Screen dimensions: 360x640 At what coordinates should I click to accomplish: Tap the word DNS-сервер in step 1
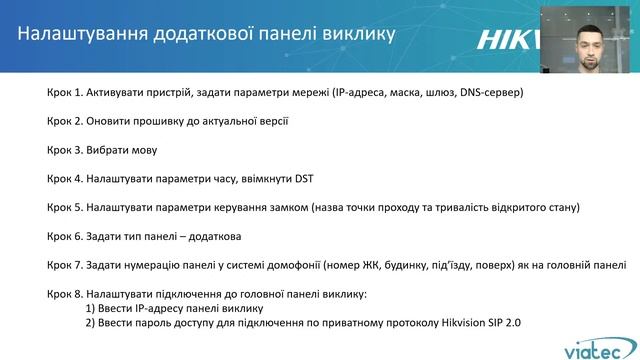489,92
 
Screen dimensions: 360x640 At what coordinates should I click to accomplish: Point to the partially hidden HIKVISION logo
511,39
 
